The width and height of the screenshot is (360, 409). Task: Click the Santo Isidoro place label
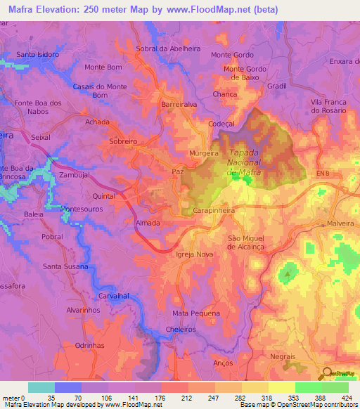tap(38, 54)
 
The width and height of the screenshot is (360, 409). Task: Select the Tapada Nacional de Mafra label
tap(244, 162)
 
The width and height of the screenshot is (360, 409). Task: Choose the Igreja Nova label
tap(194, 254)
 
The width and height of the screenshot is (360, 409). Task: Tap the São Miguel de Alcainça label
tap(249, 243)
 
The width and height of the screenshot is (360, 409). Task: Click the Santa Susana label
tap(65, 266)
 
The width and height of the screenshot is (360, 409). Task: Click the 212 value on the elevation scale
tap(188, 398)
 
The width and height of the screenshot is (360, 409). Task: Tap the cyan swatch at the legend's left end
tap(41, 387)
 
